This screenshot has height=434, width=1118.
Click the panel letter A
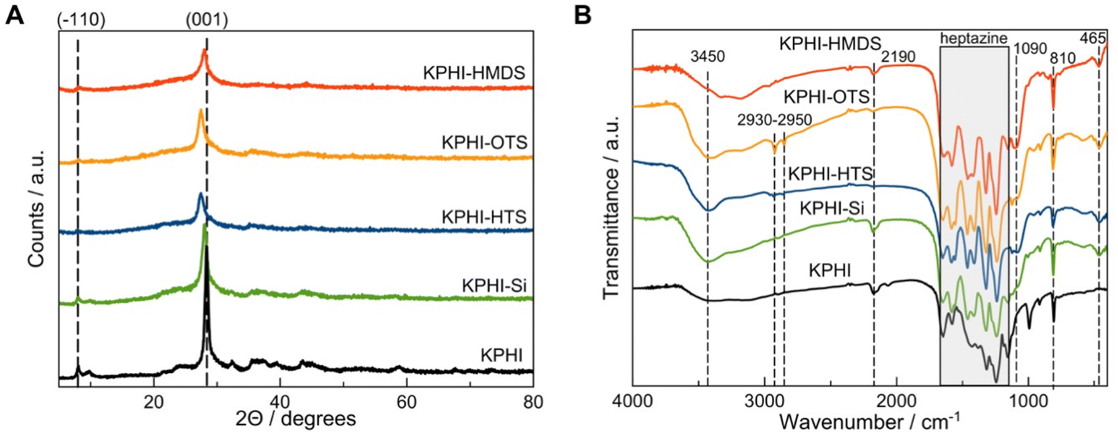(14, 14)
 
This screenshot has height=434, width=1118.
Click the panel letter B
(583, 14)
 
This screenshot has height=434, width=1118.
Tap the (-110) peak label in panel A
(81, 20)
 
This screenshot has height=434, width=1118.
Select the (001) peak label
(207, 20)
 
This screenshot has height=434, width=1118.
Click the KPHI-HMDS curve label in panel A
(474, 73)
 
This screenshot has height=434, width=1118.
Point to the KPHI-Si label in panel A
(494, 285)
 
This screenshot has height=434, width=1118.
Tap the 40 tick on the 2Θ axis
(280, 402)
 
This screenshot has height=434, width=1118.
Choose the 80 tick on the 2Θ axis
(533, 402)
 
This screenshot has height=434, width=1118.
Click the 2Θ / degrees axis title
(295, 419)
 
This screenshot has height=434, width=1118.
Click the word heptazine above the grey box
(974, 39)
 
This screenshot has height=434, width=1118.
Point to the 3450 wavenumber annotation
(707, 56)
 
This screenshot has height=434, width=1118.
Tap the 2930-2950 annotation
(775, 120)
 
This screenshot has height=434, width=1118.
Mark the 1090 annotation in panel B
(1030, 49)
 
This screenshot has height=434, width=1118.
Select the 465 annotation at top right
(1092, 39)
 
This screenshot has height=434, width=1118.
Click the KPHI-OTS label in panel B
(826, 97)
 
